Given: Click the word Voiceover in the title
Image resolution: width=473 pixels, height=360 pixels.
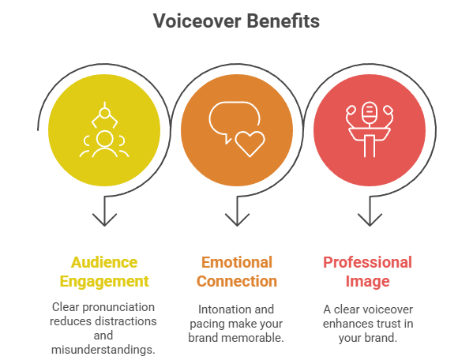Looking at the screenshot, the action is [x=197, y=21].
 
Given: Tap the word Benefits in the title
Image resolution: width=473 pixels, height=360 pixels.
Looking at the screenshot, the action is [x=283, y=21].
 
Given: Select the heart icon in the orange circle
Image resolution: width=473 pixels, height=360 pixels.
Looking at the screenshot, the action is [x=250, y=144].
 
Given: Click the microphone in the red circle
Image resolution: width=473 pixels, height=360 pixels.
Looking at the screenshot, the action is [x=370, y=113].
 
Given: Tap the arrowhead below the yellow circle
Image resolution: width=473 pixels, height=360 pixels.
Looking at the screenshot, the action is [x=104, y=219].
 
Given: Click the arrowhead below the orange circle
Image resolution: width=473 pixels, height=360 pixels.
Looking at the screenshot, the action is [x=237, y=219].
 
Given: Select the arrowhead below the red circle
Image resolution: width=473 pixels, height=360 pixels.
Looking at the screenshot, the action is [x=370, y=219].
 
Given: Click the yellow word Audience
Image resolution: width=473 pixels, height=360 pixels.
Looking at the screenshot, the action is [x=104, y=262].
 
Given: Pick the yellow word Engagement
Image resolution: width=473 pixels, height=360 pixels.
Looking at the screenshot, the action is [x=104, y=282].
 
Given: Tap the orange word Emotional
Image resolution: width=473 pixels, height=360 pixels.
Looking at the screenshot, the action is [x=237, y=262].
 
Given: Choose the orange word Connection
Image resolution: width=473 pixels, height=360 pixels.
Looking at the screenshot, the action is [x=237, y=281].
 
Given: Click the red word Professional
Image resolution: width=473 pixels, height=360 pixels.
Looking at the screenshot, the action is [x=367, y=262].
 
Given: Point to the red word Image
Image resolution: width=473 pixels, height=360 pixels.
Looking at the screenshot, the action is [x=367, y=282].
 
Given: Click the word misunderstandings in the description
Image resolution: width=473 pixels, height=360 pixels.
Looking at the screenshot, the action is [x=103, y=350].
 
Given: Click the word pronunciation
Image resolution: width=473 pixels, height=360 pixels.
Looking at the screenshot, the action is [x=118, y=307].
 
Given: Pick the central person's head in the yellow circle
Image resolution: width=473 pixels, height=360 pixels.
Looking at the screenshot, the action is [x=105, y=140].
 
